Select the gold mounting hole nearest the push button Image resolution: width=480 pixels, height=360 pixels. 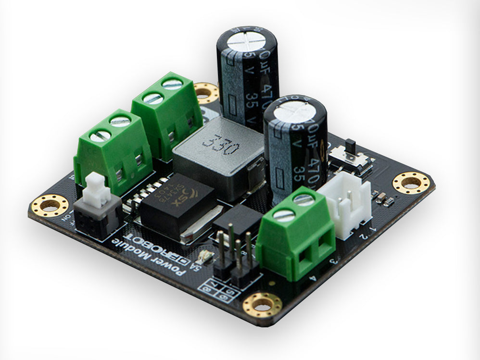[x=50, y=205]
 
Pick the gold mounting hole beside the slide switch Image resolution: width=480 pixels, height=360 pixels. [x=411, y=182]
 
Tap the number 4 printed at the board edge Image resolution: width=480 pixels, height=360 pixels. [x=313, y=278]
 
